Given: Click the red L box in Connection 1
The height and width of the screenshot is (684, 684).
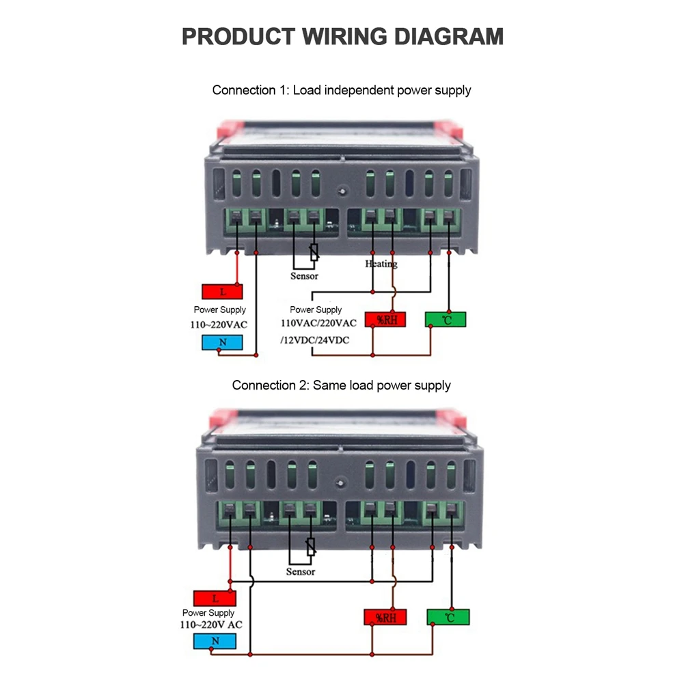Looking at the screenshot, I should pos(223,292).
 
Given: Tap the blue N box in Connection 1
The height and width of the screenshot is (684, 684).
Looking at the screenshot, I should pos(223,342).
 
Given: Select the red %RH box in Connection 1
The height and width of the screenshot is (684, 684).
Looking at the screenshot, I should pos(385,319).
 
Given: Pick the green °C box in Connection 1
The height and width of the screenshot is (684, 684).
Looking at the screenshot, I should pos(445,319).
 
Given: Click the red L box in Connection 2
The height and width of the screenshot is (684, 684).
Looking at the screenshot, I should pos(214,599).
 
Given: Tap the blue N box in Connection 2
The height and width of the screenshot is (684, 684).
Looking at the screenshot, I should pos(214,641).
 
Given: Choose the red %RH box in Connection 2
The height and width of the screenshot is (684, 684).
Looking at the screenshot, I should pos(385,617).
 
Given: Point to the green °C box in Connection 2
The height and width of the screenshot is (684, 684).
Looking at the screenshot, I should pos(448,617).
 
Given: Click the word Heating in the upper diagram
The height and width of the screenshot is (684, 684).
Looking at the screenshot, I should pos(381,263).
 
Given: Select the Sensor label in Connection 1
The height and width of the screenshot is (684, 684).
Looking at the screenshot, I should pos(304,276).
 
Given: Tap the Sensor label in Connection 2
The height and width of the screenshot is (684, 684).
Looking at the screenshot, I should pos(301,571).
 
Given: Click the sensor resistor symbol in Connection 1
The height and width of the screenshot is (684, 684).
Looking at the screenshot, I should pos(314,253).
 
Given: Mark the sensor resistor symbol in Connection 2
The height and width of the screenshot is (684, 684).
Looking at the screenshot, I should pos(311,547).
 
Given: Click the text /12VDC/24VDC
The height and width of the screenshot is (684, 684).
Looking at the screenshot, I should pos(314,340).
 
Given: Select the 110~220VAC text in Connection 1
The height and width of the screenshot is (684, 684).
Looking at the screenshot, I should pos(219,325).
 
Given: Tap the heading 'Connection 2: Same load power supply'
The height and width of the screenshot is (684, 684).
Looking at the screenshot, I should pos(342,385).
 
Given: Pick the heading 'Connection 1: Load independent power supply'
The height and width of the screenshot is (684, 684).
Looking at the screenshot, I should pos(342,90).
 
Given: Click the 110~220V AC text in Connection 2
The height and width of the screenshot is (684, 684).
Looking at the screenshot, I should pos(211,625).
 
